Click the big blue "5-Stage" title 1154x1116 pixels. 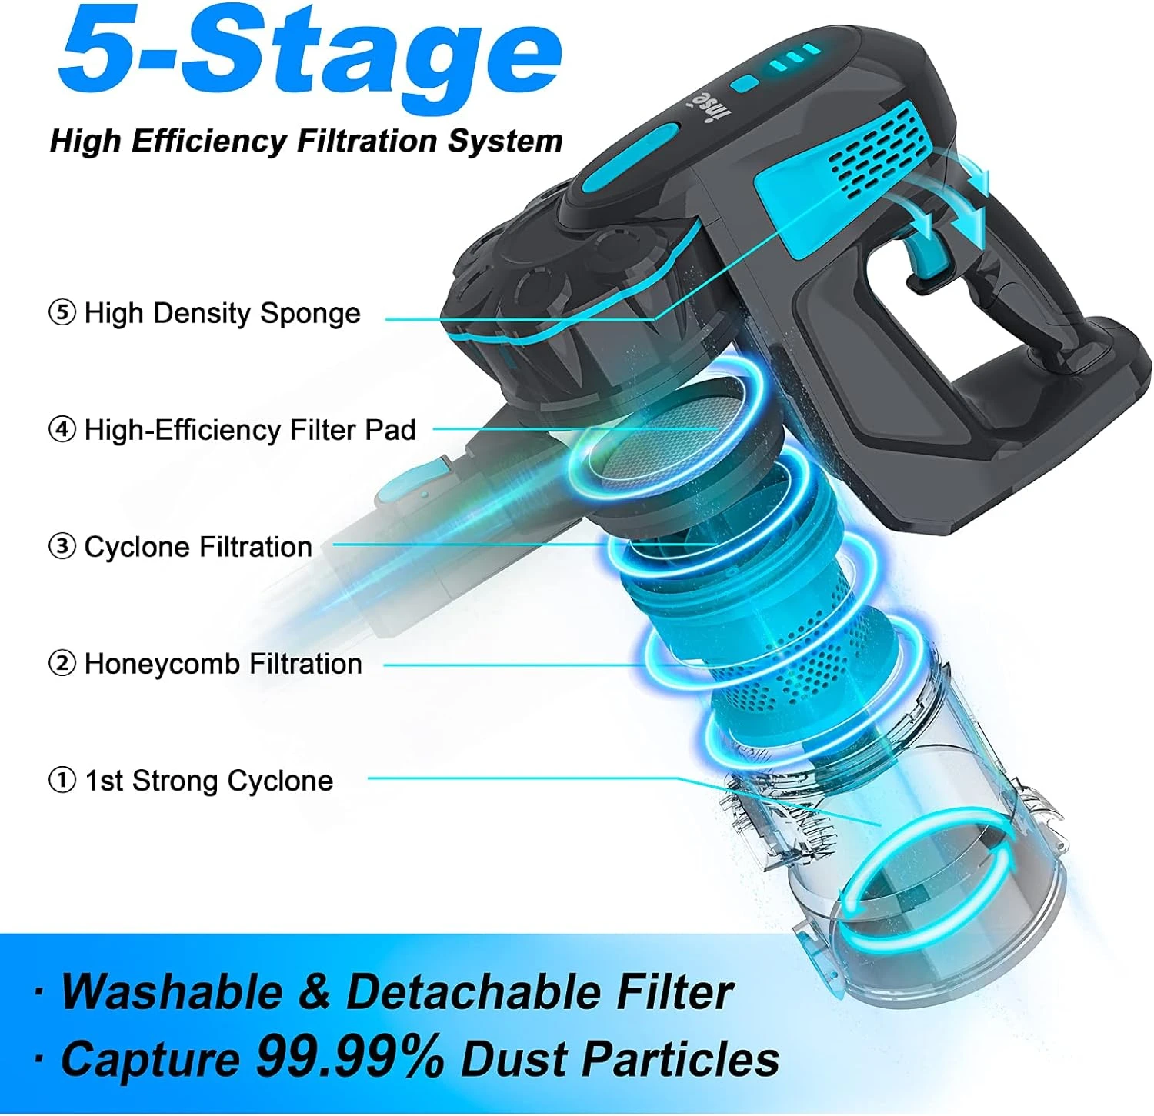point(309,51)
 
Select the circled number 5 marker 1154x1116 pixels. point(62,313)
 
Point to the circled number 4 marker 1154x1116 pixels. point(62,429)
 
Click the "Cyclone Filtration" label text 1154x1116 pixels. point(198,546)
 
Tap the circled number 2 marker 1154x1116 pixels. point(62,663)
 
